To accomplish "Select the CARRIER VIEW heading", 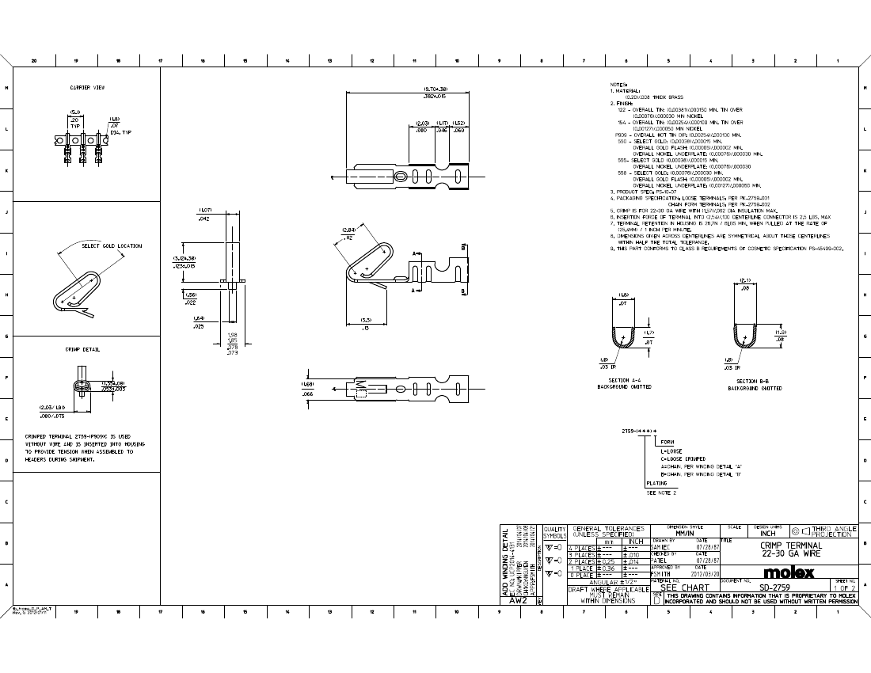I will coord(87,87).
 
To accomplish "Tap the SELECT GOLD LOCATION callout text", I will coord(112,246).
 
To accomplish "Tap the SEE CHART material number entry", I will coord(684,588).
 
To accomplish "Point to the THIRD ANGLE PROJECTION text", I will coord(834,531).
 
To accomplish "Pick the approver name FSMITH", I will coord(661,574).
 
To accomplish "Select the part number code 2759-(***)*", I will coord(640,432).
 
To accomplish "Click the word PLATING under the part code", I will coord(656,483).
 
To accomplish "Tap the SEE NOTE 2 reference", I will coord(662,492).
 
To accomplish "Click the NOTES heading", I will coord(618,85).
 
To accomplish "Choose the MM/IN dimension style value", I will coord(685,534).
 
